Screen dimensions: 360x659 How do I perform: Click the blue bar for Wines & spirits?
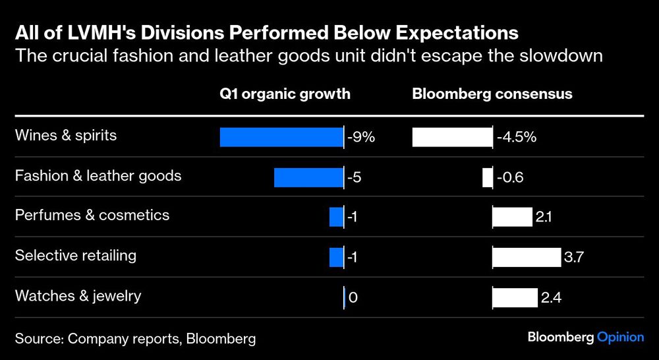click(x=281, y=137)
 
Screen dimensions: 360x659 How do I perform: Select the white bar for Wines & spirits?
click(x=452, y=137)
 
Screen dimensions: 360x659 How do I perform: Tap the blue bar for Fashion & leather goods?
click(x=308, y=177)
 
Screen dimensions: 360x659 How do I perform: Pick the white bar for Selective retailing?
click(x=526, y=257)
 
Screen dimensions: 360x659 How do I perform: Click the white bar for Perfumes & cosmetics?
click(x=512, y=217)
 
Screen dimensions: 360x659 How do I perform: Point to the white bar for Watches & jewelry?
click(x=515, y=297)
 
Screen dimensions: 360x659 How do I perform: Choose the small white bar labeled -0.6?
click(x=487, y=177)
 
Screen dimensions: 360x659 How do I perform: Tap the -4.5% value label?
click(x=517, y=138)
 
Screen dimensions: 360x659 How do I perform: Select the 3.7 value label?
click(x=573, y=258)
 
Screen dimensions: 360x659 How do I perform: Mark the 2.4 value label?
click(x=551, y=298)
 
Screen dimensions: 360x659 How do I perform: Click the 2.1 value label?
click(x=544, y=218)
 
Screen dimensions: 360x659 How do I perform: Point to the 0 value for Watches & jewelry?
click(x=353, y=298)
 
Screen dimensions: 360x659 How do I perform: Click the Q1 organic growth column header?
click(x=285, y=94)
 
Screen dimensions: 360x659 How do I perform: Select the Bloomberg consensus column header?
click(x=492, y=94)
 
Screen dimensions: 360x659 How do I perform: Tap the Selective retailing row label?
click(x=76, y=255)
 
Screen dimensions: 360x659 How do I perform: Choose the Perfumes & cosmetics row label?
click(x=92, y=215)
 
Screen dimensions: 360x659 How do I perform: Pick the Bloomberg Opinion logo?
click(x=585, y=337)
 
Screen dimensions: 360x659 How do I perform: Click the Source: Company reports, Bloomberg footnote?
click(x=135, y=339)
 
